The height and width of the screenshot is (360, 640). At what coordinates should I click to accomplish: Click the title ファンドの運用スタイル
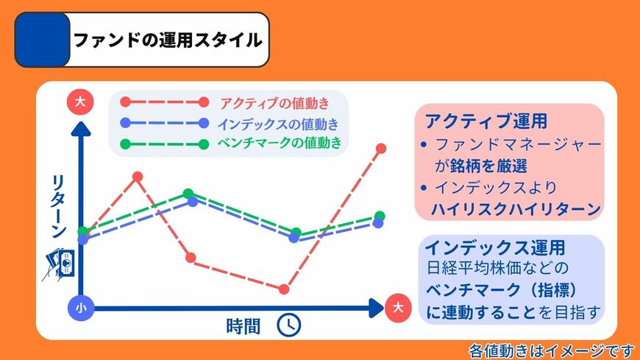click(x=168, y=40)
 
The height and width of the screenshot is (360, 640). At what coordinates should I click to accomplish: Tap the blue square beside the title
click(x=43, y=40)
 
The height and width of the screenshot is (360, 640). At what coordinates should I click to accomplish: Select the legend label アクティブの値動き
click(x=274, y=102)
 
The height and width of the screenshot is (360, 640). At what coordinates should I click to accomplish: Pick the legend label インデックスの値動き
click(x=279, y=123)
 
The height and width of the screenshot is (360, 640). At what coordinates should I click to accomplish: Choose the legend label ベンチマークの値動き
click(x=280, y=143)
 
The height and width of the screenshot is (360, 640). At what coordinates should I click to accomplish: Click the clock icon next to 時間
click(x=288, y=325)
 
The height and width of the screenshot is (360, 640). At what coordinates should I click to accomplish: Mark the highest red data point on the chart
click(x=381, y=149)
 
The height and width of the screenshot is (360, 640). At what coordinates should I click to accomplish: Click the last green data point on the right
click(x=380, y=216)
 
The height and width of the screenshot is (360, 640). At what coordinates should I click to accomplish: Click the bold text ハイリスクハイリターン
click(x=516, y=208)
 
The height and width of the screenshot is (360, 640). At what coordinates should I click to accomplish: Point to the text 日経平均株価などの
click(x=498, y=267)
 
